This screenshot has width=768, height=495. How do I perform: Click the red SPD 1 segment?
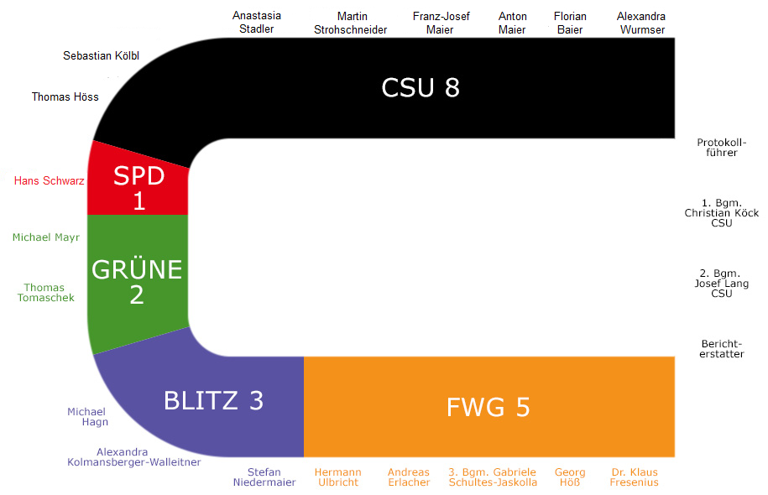(x=138, y=186)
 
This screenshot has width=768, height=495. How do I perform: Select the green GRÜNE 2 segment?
(x=137, y=282)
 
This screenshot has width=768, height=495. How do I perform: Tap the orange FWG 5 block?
(x=488, y=407)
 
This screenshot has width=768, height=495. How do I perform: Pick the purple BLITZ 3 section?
(x=214, y=401)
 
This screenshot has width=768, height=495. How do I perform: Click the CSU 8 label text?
(x=421, y=87)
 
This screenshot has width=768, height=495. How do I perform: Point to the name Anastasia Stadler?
(x=257, y=23)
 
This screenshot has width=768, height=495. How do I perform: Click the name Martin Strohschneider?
(x=352, y=23)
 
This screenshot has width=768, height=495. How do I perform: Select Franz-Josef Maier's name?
(x=441, y=23)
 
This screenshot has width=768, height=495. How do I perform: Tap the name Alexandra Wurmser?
(x=640, y=23)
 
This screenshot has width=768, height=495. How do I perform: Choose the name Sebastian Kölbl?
(x=101, y=56)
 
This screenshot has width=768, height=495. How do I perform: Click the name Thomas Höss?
(x=65, y=96)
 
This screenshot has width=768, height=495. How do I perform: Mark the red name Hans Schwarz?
(x=50, y=180)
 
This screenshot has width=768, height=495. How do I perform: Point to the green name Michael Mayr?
(x=46, y=237)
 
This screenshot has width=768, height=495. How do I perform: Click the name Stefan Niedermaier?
(x=265, y=477)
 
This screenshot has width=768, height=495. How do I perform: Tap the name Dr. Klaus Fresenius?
(x=634, y=477)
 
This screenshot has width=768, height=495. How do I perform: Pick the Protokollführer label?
(x=722, y=148)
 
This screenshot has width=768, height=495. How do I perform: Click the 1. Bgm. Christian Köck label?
(x=722, y=213)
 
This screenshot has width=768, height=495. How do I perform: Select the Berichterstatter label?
(x=722, y=349)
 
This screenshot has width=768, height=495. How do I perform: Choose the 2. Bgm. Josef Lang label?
(x=722, y=284)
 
